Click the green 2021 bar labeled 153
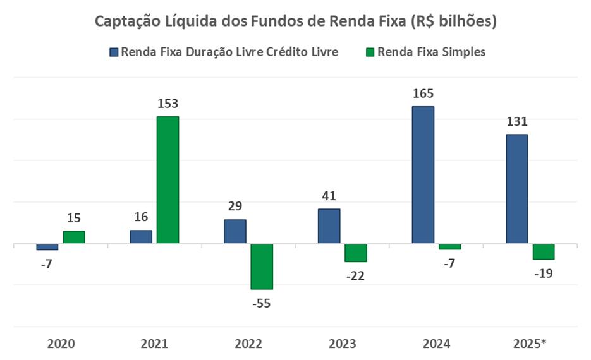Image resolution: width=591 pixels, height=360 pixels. tap(168, 180)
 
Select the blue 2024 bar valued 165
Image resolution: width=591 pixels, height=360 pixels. tap(423, 175)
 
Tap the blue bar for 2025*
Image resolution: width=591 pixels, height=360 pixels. tap(516, 189)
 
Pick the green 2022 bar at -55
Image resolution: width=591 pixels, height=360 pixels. tap(262, 266)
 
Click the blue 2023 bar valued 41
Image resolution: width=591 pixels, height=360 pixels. tap(329, 226)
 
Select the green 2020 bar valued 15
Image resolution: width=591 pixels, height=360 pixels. tap(74, 237)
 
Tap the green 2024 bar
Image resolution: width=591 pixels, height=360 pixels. tap(449, 246)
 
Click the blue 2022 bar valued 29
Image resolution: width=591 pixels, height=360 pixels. tap(235, 231)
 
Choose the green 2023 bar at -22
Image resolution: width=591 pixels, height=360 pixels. tap(356, 253)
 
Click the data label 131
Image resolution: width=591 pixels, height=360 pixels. tap(516, 122)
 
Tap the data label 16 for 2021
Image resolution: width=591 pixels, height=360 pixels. tap(141, 217)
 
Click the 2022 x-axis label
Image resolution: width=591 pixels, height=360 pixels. tap(248, 344)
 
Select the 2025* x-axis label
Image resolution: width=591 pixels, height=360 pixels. tap(530, 344)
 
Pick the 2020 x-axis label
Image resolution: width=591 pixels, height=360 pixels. tap(61, 344)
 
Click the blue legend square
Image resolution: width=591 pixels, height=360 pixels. tap(114, 52)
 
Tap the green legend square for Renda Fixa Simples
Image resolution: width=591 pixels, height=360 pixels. tap(370, 52)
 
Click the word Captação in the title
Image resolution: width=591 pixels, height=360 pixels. tap(125, 21)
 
